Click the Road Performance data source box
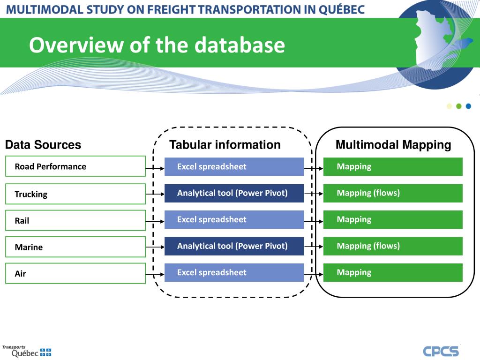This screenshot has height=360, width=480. [x=75, y=166]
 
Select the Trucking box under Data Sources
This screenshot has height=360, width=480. [x=75, y=194]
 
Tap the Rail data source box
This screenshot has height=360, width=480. [x=75, y=220]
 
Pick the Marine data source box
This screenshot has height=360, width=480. [x=75, y=247]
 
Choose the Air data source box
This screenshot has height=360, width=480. [x=75, y=273]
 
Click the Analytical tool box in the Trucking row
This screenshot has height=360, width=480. [x=234, y=193]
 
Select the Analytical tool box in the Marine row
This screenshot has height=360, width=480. [x=234, y=246]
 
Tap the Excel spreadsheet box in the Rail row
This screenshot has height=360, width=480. [x=234, y=219]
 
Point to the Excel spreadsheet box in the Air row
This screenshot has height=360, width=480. [x=234, y=272]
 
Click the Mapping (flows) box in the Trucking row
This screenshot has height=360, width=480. [x=393, y=193]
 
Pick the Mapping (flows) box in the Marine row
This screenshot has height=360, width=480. [x=393, y=246]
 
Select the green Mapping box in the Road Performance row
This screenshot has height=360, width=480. [x=393, y=166]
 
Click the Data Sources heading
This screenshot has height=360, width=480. [x=43, y=145]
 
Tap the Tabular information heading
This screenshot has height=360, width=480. [x=225, y=145]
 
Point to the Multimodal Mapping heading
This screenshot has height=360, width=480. [x=393, y=145]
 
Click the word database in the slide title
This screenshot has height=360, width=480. [x=240, y=45]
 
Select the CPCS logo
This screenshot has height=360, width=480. [x=441, y=351]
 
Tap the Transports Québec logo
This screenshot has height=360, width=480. [x=26, y=351]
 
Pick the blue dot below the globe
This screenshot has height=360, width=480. [x=468, y=106]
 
